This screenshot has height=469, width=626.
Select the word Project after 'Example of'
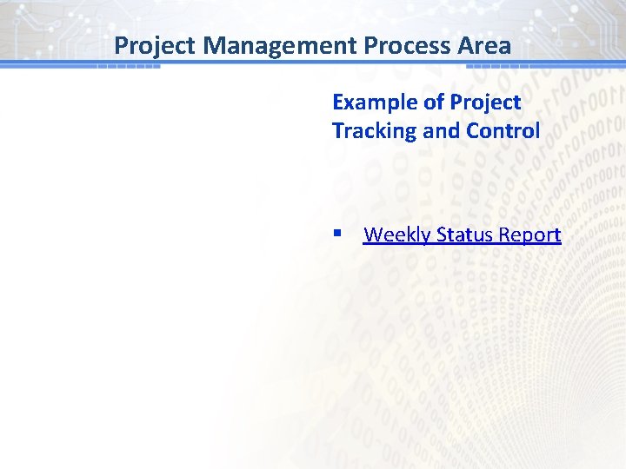click(485, 102)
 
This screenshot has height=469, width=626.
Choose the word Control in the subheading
click(503, 131)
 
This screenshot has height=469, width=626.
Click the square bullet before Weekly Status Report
click(336, 234)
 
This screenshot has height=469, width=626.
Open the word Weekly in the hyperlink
click(396, 234)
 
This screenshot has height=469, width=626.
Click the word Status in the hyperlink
click(464, 234)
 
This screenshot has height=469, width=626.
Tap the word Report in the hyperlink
click(530, 234)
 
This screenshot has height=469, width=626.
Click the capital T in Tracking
click(338, 131)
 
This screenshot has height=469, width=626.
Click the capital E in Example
click(338, 102)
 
